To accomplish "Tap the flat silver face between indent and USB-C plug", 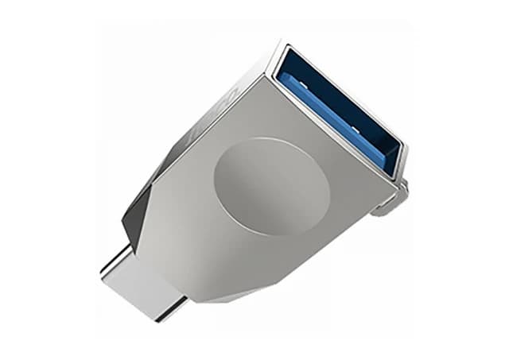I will [199, 230].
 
